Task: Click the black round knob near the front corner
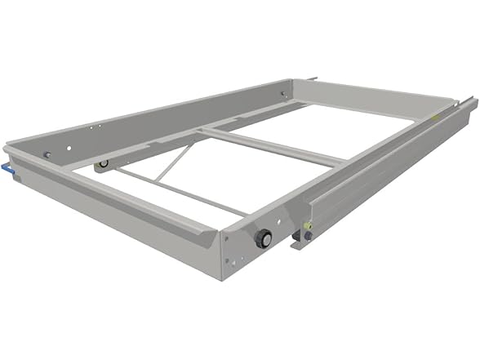(263, 238)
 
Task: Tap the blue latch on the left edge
(7, 168)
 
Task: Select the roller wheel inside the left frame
(102, 164)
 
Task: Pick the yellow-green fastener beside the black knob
(307, 225)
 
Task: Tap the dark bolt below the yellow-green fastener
(308, 237)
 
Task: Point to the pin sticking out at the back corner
(312, 78)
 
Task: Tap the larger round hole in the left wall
(71, 148)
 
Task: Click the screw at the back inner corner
(283, 94)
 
